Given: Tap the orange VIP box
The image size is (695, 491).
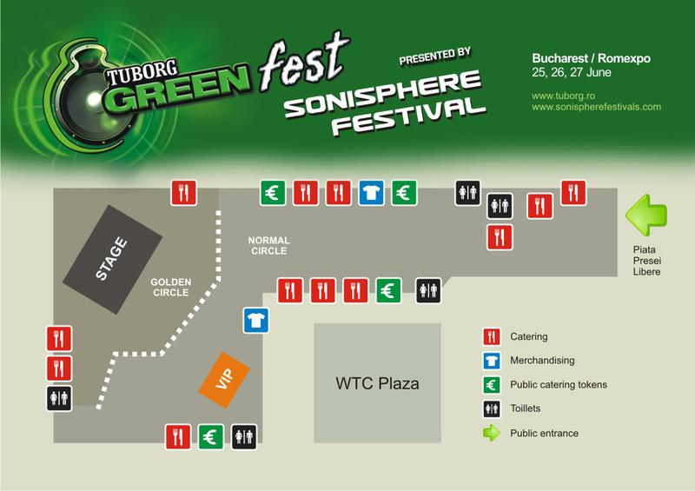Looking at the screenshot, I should pyautogui.click(x=224, y=378).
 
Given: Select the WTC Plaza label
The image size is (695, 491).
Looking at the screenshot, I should pyautogui.click(x=377, y=383).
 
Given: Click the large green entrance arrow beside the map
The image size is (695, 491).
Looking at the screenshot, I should pyautogui.click(x=647, y=213).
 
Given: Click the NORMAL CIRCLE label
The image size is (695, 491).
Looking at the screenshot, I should pyautogui.click(x=268, y=246).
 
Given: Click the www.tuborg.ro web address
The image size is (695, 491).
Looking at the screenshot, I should pyautogui.click(x=562, y=93).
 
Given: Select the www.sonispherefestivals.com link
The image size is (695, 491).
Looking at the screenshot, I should pyautogui.click(x=596, y=107).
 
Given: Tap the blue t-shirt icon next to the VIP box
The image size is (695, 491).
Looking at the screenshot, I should pyautogui.click(x=255, y=321).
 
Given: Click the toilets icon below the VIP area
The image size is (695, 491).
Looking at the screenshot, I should pyautogui.click(x=243, y=435).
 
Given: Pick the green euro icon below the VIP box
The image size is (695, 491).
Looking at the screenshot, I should pyautogui.click(x=210, y=435).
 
